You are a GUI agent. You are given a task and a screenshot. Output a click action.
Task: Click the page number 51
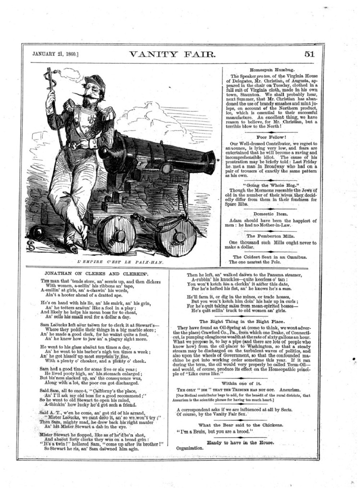tap(309, 54)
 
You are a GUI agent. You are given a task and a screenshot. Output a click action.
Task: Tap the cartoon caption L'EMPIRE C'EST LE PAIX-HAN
tap(120, 262)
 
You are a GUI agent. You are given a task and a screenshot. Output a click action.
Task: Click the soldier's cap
tap(94, 80)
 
